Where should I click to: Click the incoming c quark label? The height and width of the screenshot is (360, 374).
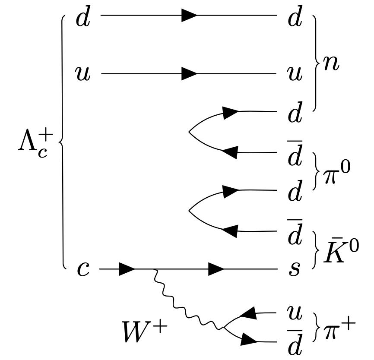(83, 269)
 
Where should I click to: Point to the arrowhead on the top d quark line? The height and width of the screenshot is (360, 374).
(189, 16)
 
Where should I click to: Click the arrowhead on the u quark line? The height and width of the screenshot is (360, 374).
(189, 74)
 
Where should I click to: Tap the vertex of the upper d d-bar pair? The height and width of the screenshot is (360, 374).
(189, 131)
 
